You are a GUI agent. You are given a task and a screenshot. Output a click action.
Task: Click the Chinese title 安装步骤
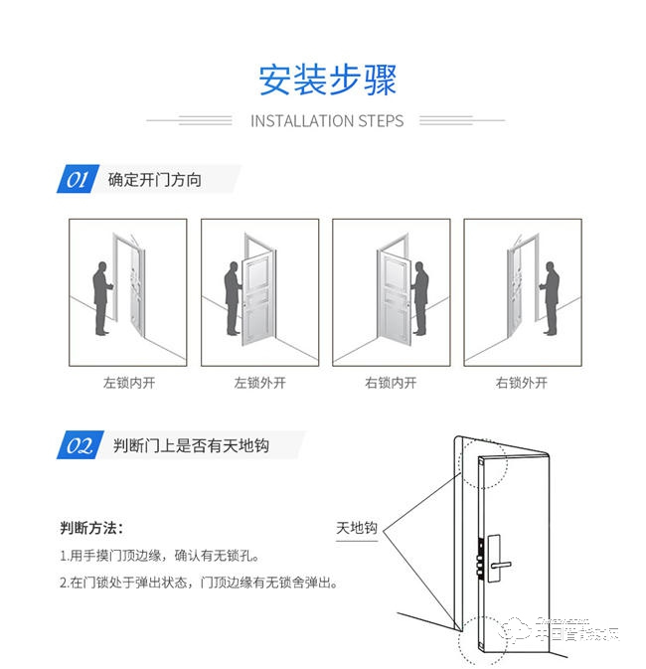pyautogui.click(x=327, y=80)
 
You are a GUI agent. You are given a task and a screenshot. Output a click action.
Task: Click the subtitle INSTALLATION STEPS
pyautogui.click(x=327, y=121)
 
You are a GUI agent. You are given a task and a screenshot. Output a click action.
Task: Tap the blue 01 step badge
pyautogui.click(x=77, y=180)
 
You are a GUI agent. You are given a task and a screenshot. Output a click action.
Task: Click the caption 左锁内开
pyautogui.click(x=128, y=382)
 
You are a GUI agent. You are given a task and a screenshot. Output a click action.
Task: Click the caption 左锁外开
pyautogui.click(x=259, y=382)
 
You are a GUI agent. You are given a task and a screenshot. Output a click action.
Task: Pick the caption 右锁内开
pyautogui.click(x=391, y=382)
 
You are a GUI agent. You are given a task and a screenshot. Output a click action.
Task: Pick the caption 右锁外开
pyautogui.click(x=522, y=382)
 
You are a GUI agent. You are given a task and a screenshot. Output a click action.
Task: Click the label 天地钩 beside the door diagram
pyautogui.click(x=358, y=528)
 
